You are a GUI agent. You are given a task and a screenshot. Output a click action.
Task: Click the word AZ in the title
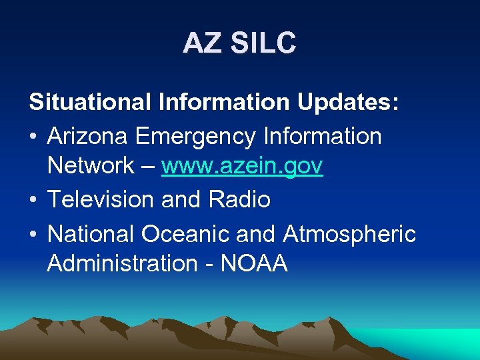point(203,43)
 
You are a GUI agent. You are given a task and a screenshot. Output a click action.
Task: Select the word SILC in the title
point(263,43)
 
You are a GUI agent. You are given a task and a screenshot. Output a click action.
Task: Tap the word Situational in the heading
point(90,103)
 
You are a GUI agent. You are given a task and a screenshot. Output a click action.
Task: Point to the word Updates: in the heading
point(348,103)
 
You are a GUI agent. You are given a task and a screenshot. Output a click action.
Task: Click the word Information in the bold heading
point(224,103)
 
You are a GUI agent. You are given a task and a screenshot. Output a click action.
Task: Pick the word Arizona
point(89,136)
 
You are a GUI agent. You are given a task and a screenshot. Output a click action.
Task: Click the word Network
point(91,166)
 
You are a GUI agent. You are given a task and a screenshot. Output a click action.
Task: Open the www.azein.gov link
point(242,166)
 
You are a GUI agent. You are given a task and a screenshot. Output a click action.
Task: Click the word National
point(91,234)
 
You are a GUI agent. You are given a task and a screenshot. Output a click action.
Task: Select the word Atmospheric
point(349,234)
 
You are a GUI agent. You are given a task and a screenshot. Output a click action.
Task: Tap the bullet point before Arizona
point(33,137)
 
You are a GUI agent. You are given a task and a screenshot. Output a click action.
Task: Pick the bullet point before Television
point(33,199)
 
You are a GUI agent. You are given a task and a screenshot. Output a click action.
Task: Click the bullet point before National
point(33,235)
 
